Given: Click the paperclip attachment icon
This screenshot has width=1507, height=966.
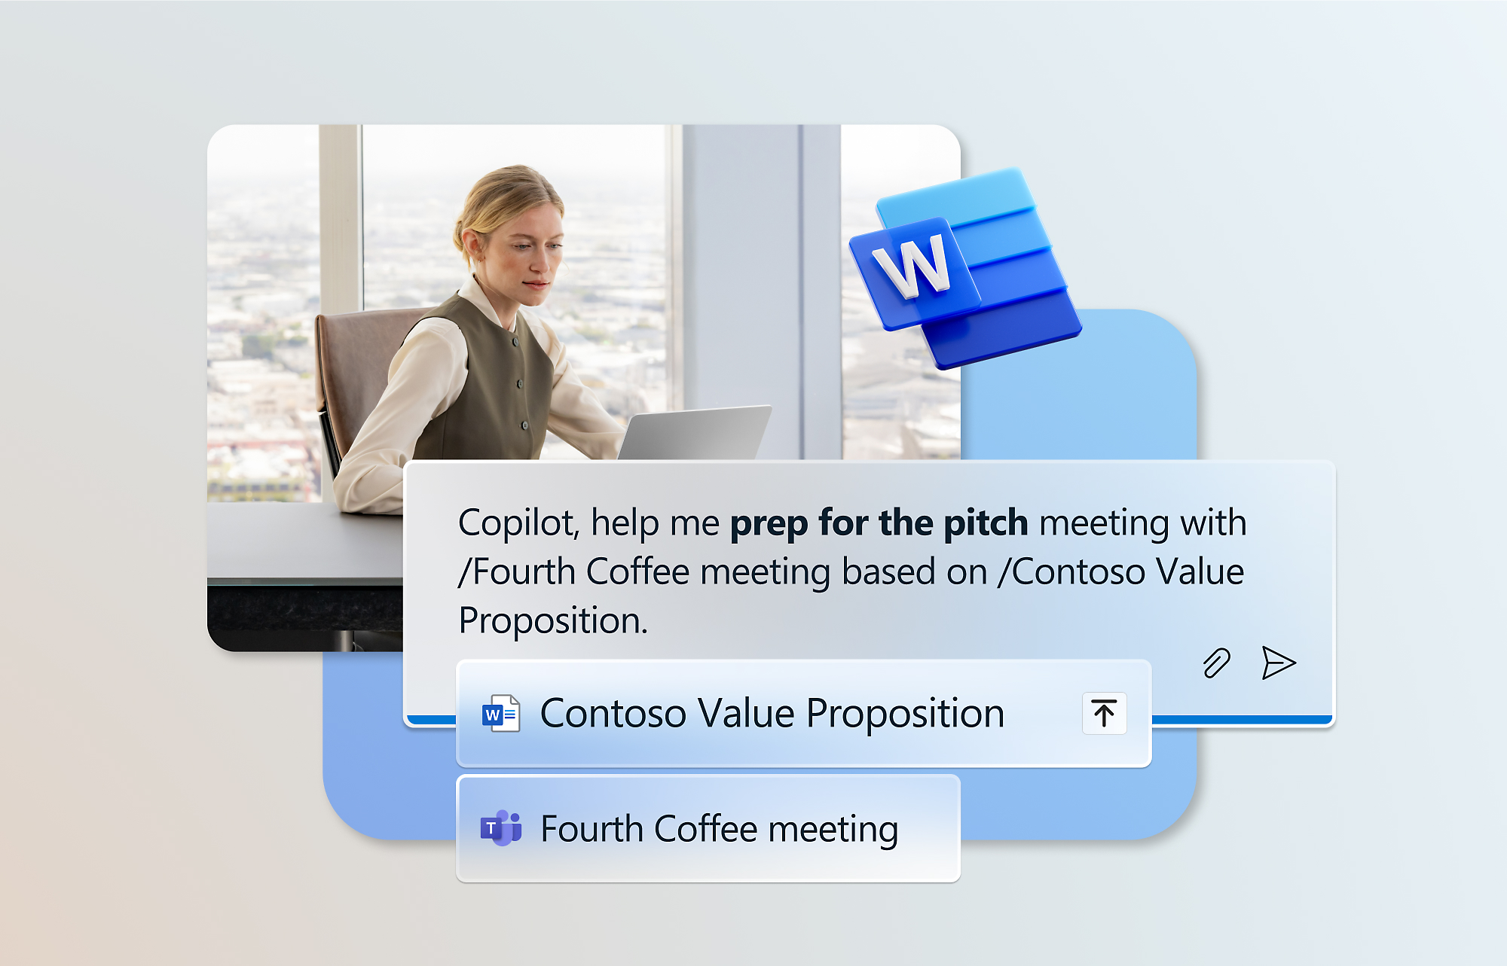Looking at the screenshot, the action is click(1216, 663).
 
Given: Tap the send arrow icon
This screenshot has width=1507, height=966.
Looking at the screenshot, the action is click(1279, 663).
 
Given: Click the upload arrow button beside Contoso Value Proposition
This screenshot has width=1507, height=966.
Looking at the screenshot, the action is click(1104, 713).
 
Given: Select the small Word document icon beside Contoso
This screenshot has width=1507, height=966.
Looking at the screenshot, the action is click(501, 713).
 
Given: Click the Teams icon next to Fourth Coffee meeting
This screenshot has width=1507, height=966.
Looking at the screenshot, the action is click(501, 828).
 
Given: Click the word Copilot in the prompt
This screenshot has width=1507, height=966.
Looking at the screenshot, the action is click(519, 523).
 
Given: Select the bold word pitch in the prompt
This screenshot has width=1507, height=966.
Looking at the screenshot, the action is click(986, 523).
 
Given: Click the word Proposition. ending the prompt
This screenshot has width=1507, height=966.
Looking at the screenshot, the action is click(554, 621).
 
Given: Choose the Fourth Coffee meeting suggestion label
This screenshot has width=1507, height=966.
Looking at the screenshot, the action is click(720, 829).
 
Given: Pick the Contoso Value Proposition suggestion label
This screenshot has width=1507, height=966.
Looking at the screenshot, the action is click(772, 713).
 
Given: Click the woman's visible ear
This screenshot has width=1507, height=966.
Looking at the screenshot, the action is click(473, 248).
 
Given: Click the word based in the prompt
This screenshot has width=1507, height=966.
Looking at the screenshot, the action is click(888, 571).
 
